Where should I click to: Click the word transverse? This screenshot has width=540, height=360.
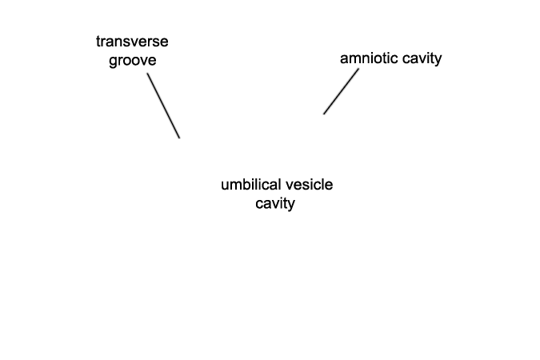point(132,42)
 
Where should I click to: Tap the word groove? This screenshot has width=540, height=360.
point(133,61)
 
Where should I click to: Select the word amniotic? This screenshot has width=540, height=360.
point(369,58)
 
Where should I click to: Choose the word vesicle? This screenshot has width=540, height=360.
point(309,184)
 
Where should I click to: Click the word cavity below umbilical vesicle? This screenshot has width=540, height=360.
point(275,203)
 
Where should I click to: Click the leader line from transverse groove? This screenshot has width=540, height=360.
point(163,106)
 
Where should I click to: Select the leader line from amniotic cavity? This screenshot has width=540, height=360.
point(341,91)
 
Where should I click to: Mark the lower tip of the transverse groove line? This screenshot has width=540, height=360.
point(179,138)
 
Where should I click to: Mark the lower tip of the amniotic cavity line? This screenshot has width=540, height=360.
point(324,114)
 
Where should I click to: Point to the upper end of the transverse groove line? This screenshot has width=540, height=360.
point(148,74)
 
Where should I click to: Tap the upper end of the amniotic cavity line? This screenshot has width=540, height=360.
point(358,69)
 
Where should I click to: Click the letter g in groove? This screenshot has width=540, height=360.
point(113,62)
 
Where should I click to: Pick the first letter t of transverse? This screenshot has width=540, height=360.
point(98,42)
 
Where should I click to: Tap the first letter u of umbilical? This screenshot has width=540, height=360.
point(225,186)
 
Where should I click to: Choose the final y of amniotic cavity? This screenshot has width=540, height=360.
point(438,61)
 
